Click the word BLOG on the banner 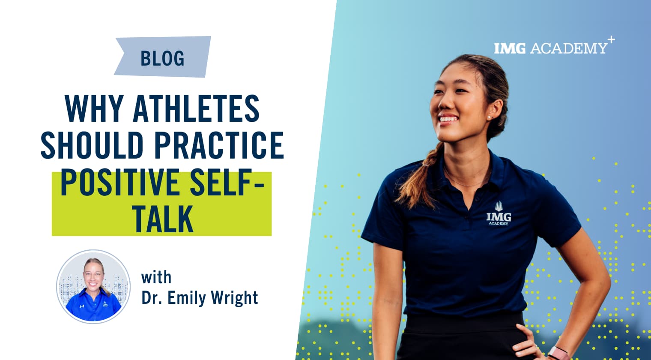point(162,58)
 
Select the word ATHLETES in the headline point(196,108)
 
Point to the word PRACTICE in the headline point(219,145)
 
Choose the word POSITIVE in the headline point(120,182)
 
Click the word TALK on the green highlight point(164,219)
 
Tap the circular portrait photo point(93,286)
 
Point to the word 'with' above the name point(156,277)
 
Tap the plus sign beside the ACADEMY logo point(611,39)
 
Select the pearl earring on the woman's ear point(489,117)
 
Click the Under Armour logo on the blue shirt point(82,306)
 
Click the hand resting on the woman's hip point(528,343)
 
